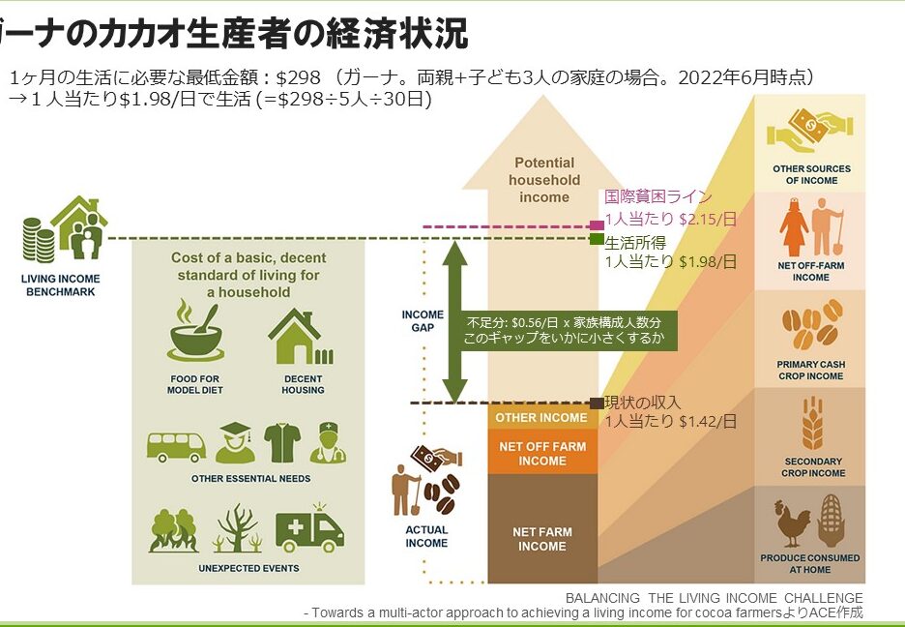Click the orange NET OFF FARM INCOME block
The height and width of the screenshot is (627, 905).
(542, 452)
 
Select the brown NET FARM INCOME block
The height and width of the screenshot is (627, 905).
(542, 528)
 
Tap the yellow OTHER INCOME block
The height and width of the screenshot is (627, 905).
(542, 417)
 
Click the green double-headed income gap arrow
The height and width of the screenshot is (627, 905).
(454, 321)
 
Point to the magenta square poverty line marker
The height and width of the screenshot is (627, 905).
(597, 225)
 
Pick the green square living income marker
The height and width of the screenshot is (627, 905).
(597, 239)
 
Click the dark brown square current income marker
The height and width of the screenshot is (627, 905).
(597, 403)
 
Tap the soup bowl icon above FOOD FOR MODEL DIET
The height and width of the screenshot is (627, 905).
(195, 331)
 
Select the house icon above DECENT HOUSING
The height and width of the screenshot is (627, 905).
(301, 337)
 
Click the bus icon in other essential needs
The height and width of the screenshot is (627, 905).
(176, 447)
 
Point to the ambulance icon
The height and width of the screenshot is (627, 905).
(310, 528)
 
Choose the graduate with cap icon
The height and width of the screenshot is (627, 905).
(236, 443)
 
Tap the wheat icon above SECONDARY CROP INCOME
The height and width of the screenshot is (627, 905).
(812, 423)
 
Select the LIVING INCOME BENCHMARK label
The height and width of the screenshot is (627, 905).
(61, 285)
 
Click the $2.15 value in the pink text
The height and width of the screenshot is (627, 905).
(699, 220)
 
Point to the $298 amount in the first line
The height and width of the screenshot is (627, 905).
(298, 77)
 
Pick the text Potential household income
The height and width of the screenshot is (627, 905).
(543, 180)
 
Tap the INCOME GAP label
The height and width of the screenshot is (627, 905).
(423, 321)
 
